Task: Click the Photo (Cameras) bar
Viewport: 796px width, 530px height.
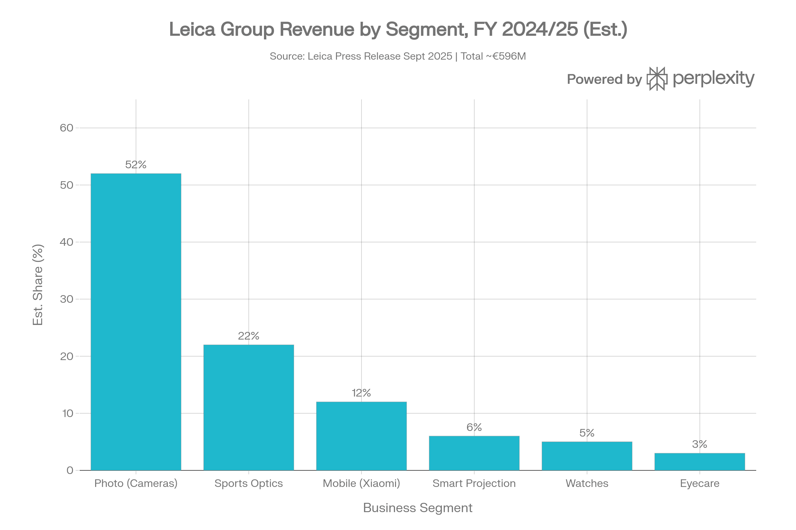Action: click(x=136, y=321)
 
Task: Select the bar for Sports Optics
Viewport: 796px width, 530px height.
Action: click(x=248, y=407)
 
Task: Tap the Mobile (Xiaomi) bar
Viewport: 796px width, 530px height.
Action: click(x=361, y=436)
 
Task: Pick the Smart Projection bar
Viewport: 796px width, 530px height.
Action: click(x=474, y=453)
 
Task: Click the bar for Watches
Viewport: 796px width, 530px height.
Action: click(x=586, y=456)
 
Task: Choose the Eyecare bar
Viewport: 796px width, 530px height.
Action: click(x=699, y=461)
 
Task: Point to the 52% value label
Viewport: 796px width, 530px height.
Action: click(x=136, y=165)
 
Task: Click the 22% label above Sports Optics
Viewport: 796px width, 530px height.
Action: click(x=248, y=336)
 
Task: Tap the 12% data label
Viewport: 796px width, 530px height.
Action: click(x=361, y=393)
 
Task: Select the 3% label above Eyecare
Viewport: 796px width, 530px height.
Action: click(x=699, y=444)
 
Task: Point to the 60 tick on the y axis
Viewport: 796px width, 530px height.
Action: click(x=66, y=128)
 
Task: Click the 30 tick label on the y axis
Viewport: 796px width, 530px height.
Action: click(x=66, y=299)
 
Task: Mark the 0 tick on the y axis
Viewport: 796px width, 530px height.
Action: click(x=70, y=470)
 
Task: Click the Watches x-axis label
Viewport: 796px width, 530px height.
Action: click(x=587, y=483)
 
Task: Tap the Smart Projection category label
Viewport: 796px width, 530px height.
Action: click(x=474, y=483)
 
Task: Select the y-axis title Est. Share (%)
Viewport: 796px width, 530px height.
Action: click(x=38, y=285)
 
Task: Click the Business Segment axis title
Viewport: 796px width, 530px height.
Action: click(x=418, y=508)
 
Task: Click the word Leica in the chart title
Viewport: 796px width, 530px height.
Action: click(x=192, y=29)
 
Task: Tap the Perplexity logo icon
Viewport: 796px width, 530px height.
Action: click(x=657, y=79)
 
